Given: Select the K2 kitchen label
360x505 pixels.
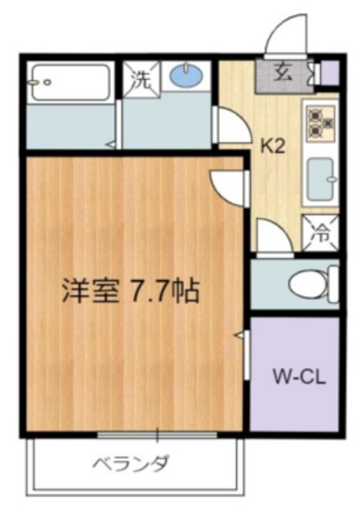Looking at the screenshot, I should click(273, 144).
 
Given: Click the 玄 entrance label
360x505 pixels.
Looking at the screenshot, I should click(282, 73).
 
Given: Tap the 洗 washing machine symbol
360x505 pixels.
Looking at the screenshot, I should click(141, 79).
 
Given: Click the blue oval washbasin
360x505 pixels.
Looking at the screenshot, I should click(187, 77).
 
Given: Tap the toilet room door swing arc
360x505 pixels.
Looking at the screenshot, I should click(272, 238).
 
